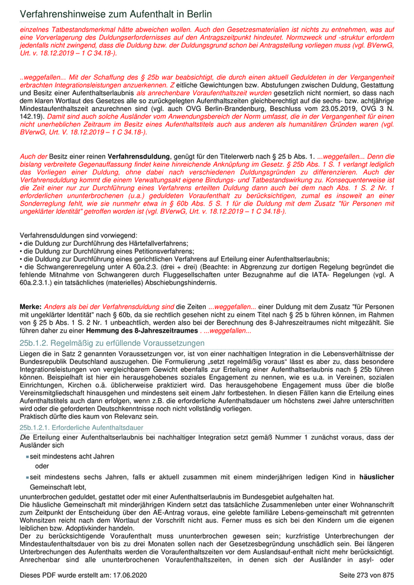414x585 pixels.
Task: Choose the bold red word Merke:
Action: tap(31, 307)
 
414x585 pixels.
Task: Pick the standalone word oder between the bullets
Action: tap(43, 466)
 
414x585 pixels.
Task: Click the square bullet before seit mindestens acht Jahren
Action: tap(27, 457)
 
